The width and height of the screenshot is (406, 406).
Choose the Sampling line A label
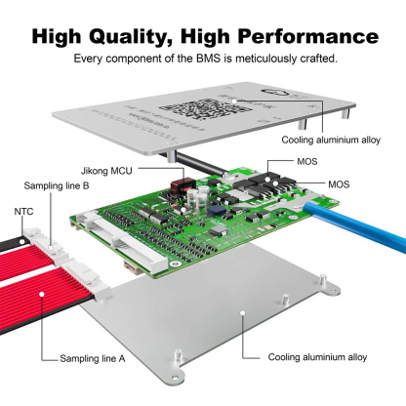[94, 359]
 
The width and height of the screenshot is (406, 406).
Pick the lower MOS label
[339, 183]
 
